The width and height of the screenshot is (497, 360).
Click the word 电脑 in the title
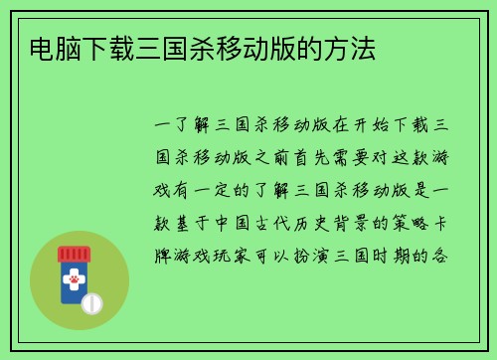(44, 47)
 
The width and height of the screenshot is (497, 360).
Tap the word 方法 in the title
(358, 47)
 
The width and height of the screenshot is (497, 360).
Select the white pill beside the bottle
(93, 302)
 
